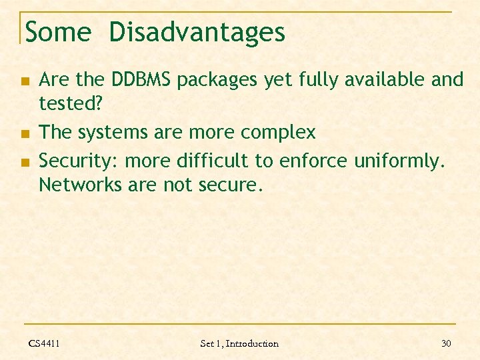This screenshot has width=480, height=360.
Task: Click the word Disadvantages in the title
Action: coord(197,32)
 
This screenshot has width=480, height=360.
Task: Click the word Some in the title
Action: coord(57,32)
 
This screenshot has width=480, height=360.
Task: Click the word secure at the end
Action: coord(227,185)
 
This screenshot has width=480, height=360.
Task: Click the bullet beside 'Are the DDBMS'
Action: coord(25,81)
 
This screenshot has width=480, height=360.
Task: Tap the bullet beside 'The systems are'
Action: coord(25,133)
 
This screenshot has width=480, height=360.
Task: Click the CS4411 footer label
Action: coord(44,343)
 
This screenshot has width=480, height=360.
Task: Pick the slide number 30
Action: coord(446,343)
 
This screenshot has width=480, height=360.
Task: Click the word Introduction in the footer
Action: coord(252,343)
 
